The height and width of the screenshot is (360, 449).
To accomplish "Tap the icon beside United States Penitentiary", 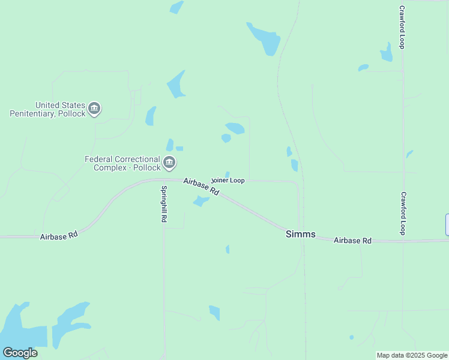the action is pyautogui.click(x=94, y=109).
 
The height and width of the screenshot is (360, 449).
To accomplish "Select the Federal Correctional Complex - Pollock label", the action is pyautogui.click(x=122, y=163).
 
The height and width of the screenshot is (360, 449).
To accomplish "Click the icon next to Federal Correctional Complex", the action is pyautogui.click(x=170, y=163).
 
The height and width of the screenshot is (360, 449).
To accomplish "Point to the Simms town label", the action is pyautogui.click(x=300, y=235).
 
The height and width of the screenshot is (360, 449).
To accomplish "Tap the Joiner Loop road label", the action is pyautogui.click(x=228, y=180).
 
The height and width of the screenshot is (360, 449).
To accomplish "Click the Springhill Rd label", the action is pyautogui.click(x=163, y=204).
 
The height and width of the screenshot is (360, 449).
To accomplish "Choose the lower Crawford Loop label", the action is pyautogui.click(x=403, y=213).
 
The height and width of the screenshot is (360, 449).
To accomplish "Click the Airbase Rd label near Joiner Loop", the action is pyautogui.click(x=201, y=186).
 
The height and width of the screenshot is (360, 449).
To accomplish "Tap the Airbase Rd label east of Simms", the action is pyautogui.click(x=352, y=241).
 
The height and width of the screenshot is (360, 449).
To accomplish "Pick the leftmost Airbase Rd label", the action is pyautogui.click(x=59, y=236).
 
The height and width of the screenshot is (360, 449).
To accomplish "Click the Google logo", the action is pyautogui.click(x=20, y=353).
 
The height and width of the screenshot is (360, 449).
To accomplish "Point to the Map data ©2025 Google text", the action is pyautogui.click(x=412, y=355).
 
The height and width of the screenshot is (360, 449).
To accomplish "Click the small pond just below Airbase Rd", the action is pyautogui.click(x=200, y=201).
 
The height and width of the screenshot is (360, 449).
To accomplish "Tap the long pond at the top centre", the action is pyautogui.click(x=264, y=38).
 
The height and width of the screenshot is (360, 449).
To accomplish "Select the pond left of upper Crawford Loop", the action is pyautogui.click(x=386, y=53).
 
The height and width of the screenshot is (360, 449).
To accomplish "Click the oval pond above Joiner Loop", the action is pyautogui.click(x=235, y=128).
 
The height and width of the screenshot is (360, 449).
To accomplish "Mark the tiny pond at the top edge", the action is pyautogui.click(x=176, y=7).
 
